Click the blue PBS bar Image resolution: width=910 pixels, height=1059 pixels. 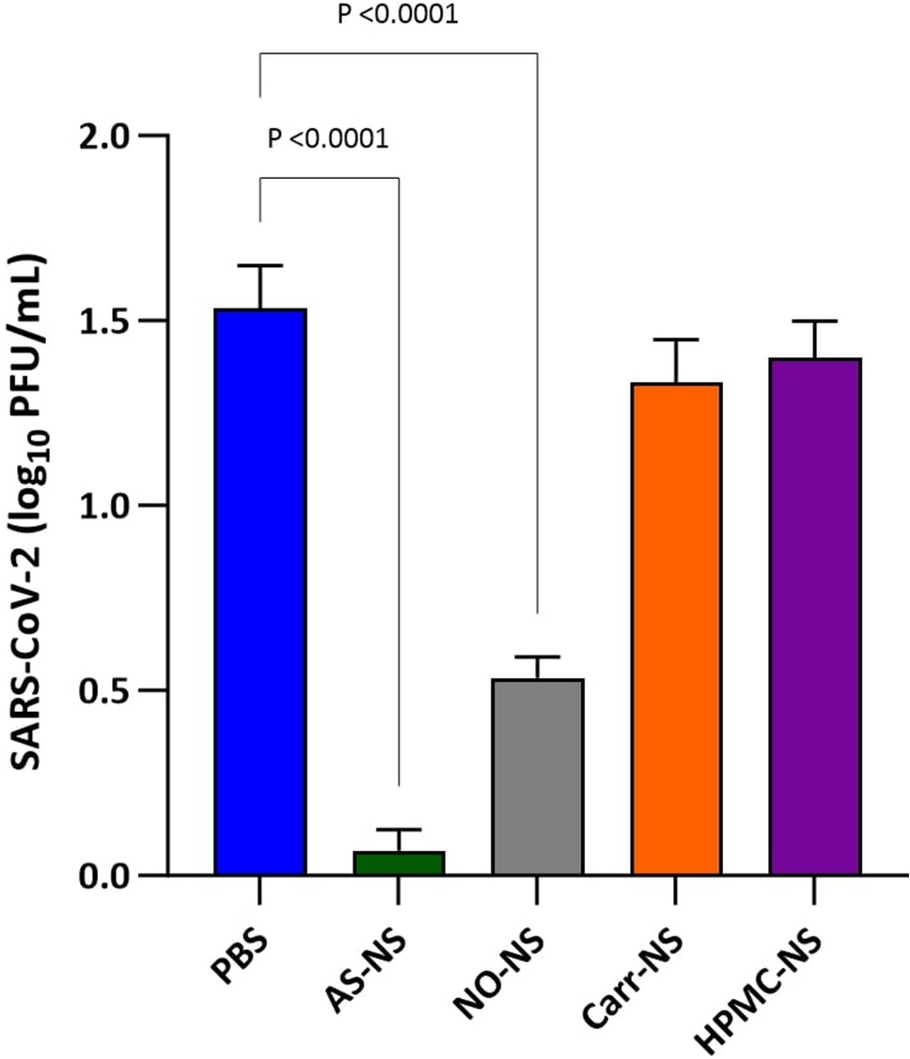click(x=260, y=593)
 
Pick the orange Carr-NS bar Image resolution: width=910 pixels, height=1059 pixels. click(x=676, y=629)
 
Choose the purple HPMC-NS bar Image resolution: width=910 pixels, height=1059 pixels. click(x=815, y=617)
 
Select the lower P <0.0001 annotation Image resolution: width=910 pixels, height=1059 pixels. click(x=328, y=139)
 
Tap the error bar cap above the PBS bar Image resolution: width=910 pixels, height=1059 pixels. click(x=260, y=266)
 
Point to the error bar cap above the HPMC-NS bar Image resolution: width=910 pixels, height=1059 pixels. click(x=815, y=322)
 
